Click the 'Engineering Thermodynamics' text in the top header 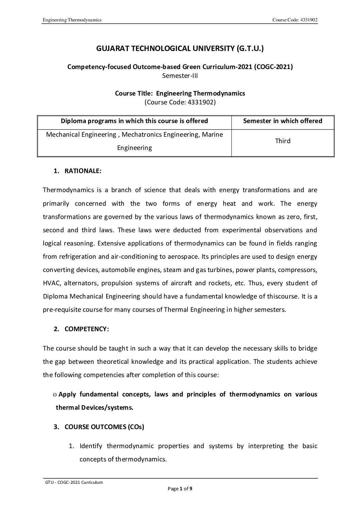pos(72,20)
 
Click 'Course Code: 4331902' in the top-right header pos(295,20)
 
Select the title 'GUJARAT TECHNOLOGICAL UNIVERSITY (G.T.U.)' pos(180,49)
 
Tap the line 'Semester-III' pos(180,75)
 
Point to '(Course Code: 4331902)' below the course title pos(180,102)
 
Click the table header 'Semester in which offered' pos(283,121)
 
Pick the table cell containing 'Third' pos(283,141)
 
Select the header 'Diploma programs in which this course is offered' pos(134,121)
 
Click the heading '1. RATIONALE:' pos(78,171)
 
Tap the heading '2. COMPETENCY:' pos(81,329)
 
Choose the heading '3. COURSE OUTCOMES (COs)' pos(99,427)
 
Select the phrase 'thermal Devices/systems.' pos(95,407)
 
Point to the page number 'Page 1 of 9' pos(180,489)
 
